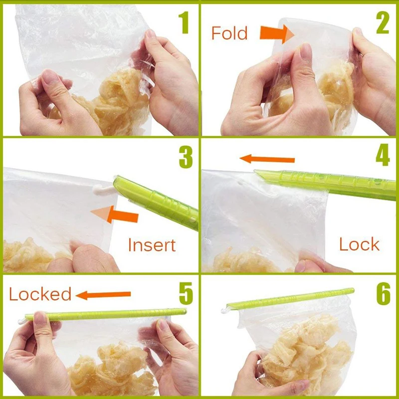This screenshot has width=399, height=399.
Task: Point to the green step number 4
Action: [x=382, y=156]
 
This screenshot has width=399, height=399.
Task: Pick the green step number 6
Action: [x=383, y=294]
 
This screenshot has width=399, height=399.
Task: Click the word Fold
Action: [x=229, y=33]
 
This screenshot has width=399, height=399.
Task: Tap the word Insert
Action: [x=152, y=245]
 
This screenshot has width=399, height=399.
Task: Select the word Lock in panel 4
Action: [x=359, y=244]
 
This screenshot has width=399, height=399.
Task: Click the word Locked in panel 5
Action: [x=40, y=294]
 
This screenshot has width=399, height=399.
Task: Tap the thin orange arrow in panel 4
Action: [x=267, y=159]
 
